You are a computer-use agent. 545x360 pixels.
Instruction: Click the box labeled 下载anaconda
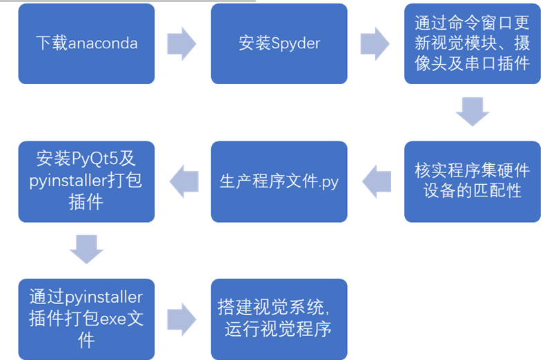(86, 43)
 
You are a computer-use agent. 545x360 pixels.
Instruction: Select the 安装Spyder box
(279, 43)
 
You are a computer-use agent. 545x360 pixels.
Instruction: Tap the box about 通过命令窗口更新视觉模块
(472, 43)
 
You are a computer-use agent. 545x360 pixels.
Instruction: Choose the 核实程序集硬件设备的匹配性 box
(472, 181)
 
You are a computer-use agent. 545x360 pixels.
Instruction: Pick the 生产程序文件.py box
(279, 181)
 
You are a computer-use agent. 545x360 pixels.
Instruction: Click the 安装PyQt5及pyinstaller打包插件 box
(86, 181)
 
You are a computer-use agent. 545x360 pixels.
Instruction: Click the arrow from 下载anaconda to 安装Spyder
(182, 43)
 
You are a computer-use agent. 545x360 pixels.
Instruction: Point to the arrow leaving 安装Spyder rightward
(375, 43)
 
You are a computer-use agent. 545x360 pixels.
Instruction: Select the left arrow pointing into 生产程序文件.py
(376, 180)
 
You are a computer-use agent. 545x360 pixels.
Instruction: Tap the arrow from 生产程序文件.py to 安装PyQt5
(183, 180)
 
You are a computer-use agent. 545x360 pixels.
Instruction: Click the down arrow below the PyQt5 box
(87, 249)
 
